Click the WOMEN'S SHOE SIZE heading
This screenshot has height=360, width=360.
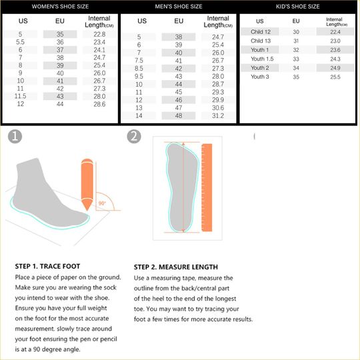pyautogui.click(x=60, y=7)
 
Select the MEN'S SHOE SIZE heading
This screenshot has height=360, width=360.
pyautogui.click(x=179, y=7)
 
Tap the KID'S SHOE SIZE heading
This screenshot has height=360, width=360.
pyautogui.click(x=298, y=7)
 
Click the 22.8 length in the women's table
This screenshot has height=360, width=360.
pyautogui.click(x=99, y=34)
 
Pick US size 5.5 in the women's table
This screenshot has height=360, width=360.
pyautogui.click(x=20, y=42)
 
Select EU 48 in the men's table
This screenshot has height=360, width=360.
pyautogui.click(x=179, y=115)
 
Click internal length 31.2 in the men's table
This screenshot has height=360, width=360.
pyautogui.click(x=218, y=115)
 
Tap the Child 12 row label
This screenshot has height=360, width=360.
pyautogui.click(x=261, y=32)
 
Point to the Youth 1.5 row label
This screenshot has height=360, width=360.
pyautogui.click(x=262, y=59)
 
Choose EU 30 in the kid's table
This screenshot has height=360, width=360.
pyautogui.click(x=296, y=32)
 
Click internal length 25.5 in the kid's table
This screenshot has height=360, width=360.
pyautogui.click(x=335, y=77)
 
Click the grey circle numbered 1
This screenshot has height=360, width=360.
pyautogui.click(x=15, y=137)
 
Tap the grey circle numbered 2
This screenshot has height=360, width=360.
pyautogui.click(x=134, y=137)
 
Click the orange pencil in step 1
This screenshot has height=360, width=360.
pyautogui.click(x=87, y=185)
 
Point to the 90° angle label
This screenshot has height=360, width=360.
pyautogui.click(x=102, y=203)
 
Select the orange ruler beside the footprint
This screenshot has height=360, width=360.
pyautogui.click(x=207, y=187)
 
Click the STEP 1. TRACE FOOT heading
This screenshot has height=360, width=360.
pyautogui.click(x=47, y=266)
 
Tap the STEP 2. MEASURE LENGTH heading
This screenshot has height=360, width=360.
pyautogui.click(x=176, y=267)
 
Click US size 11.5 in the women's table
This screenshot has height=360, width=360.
pyautogui.click(x=20, y=96)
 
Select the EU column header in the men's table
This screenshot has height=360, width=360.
pyautogui.click(x=179, y=21)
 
